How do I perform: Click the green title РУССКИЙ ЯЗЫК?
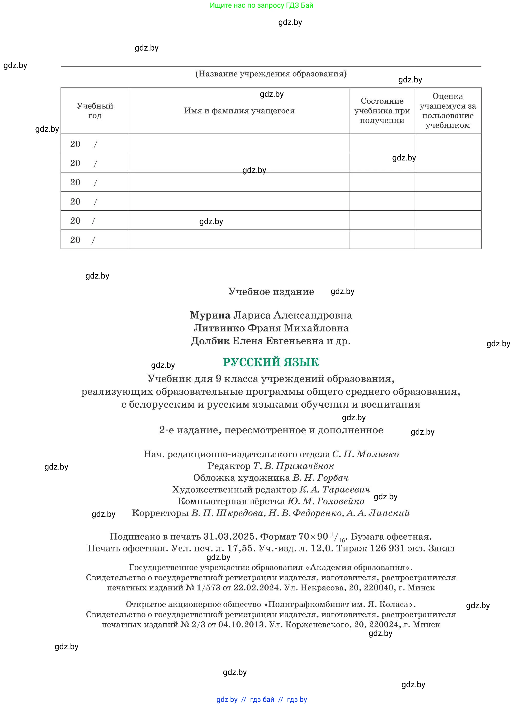pos(271,362)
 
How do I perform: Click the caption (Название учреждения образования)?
pos(271,74)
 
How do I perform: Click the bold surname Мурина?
pos(210,315)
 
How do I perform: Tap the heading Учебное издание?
pos(271,292)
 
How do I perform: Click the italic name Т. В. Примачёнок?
pos(294,466)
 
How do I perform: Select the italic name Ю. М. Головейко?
pos(326,501)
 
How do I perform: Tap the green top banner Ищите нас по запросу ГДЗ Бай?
pos(261,5)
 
